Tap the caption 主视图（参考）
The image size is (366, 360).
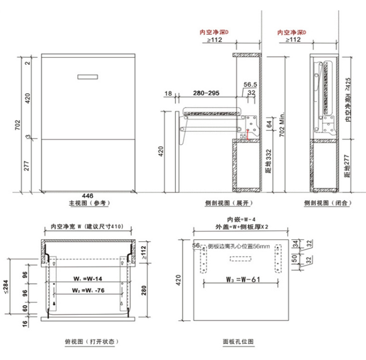pos(89,202)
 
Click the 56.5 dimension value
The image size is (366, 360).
pos(251,84)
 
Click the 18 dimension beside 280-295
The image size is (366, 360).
pos(168,93)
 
